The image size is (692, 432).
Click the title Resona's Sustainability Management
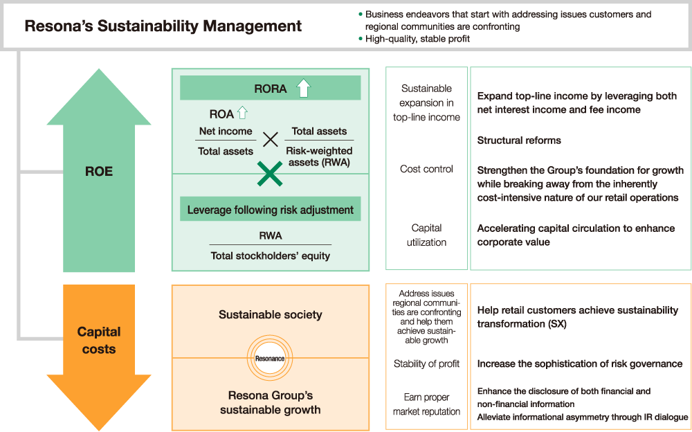pos(163,26)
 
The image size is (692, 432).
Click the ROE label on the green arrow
pos(98,172)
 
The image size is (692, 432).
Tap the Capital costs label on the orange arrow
pos(98,340)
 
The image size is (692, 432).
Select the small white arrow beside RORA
pos(303,89)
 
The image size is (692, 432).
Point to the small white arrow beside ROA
pos(242,114)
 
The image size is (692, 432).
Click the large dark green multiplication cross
pos(270,174)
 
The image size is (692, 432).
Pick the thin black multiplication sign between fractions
pos(270,140)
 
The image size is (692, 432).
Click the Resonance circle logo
pos(270,358)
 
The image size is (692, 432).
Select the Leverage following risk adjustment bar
pos(270,210)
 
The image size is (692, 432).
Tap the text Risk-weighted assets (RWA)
pos(319,156)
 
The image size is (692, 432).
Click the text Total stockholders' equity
pos(270,255)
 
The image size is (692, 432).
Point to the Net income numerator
pos(226,131)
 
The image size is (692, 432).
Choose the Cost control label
pos(426,169)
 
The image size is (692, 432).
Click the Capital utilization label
pos(426,235)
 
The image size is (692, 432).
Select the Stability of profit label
pos(426,363)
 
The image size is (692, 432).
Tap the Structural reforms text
pos(519,141)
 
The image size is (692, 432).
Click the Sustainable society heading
pos(270,314)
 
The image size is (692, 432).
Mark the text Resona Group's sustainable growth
pos(270,402)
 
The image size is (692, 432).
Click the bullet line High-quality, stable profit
pos(417,39)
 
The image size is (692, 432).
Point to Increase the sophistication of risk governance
pos(580,363)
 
